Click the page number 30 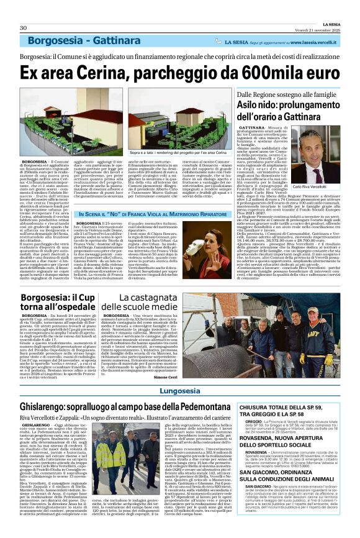click(23, 28)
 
